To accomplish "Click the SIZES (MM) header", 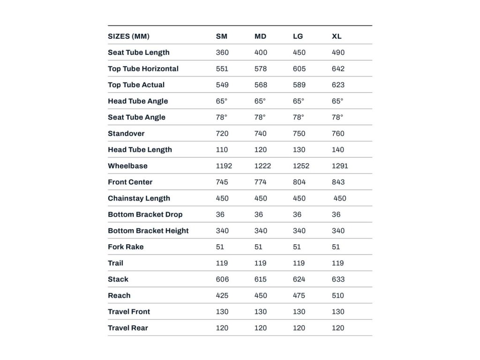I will [x=128, y=36].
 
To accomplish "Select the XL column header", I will [x=337, y=36].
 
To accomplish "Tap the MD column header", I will [x=260, y=36].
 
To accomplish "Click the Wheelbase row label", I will [x=127, y=165].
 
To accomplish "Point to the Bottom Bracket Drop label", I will [x=145, y=214].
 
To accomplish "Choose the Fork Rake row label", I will [x=126, y=247].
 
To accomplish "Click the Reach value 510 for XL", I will [x=337, y=295].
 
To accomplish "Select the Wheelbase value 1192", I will [x=224, y=165].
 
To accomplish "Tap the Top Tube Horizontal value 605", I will [x=299, y=68].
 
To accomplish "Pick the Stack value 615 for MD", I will [x=261, y=279].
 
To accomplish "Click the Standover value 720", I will [x=222, y=133].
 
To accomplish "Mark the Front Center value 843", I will [x=338, y=182].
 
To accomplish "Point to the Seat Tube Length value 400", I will [x=261, y=52].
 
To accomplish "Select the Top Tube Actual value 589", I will [x=299, y=85].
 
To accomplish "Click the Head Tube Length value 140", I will [x=337, y=150].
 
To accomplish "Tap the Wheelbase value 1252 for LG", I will [x=301, y=165].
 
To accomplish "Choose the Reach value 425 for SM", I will [x=222, y=295].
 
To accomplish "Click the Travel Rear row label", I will [x=128, y=328].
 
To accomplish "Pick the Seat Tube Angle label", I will [x=136, y=117].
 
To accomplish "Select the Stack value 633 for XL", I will [x=338, y=279].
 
